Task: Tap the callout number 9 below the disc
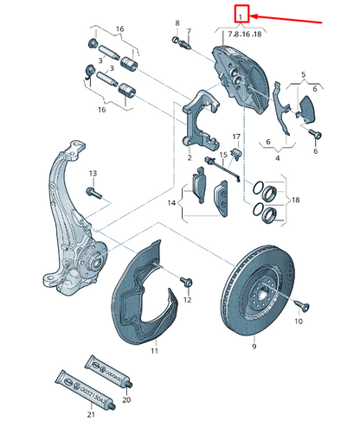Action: click(x=254, y=347)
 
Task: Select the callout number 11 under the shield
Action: click(x=155, y=352)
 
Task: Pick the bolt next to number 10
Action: click(x=302, y=305)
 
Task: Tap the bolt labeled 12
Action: click(x=185, y=283)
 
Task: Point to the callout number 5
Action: click(x=304, y=74)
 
